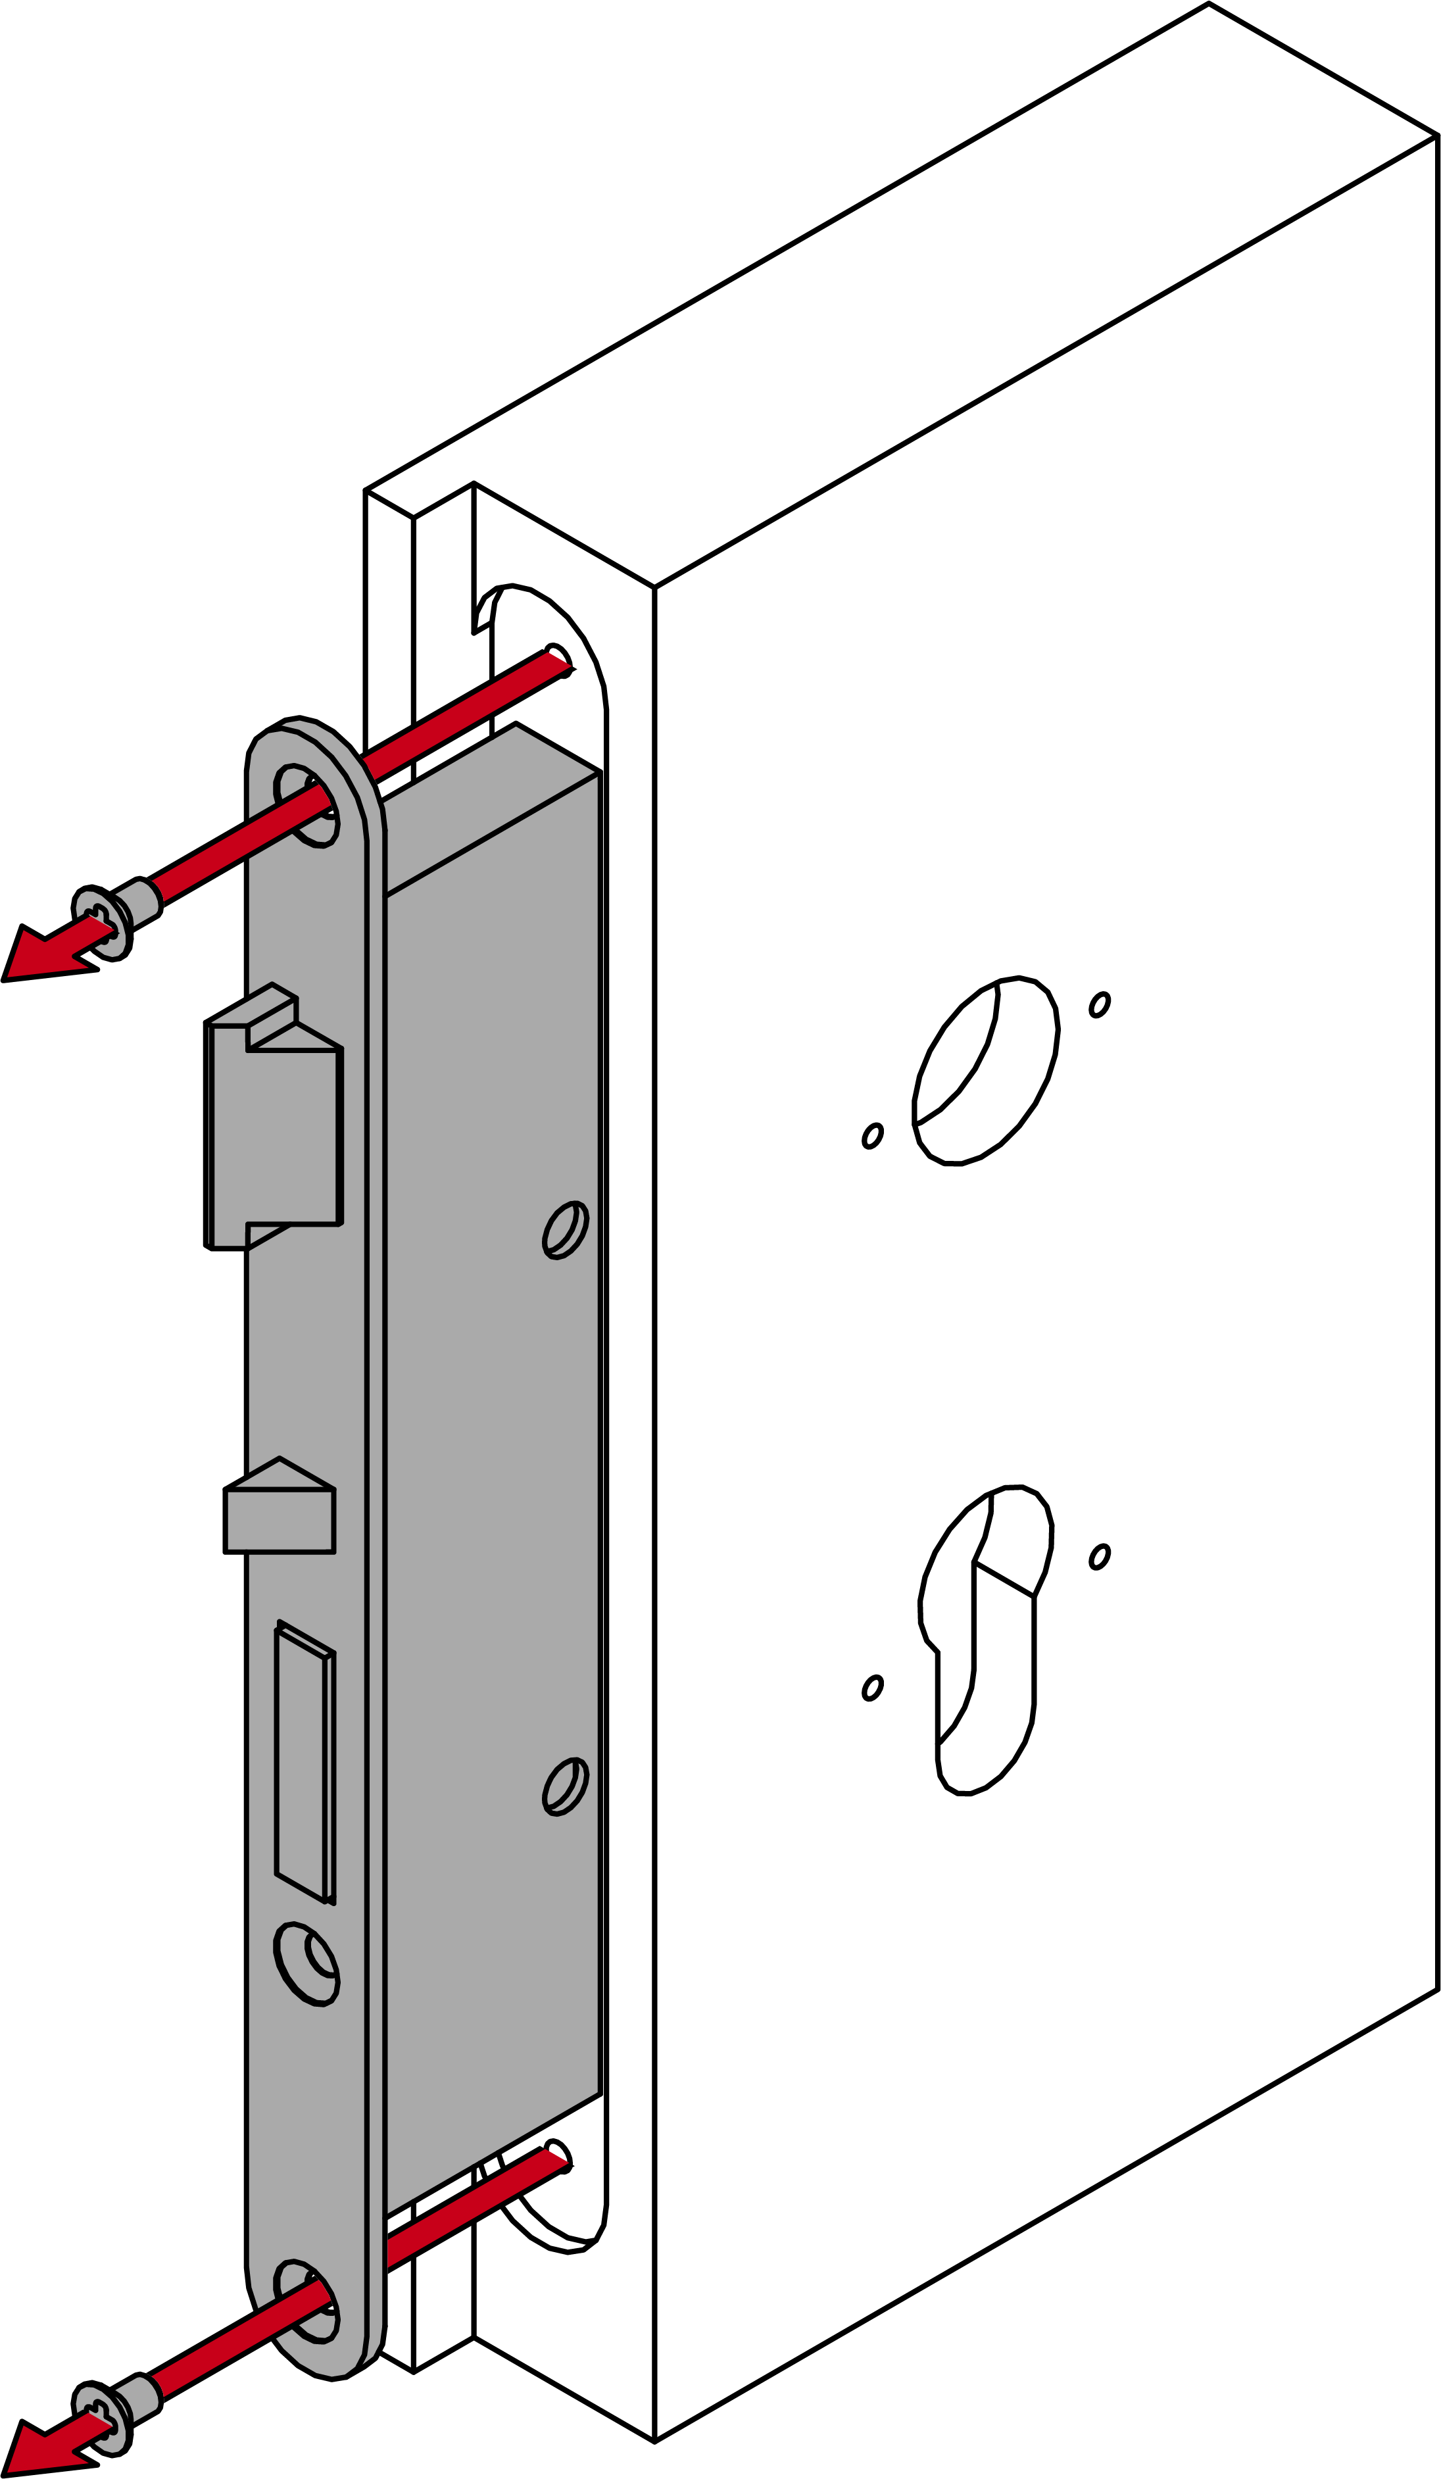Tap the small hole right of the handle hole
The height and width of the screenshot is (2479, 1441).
[1100, 1004]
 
